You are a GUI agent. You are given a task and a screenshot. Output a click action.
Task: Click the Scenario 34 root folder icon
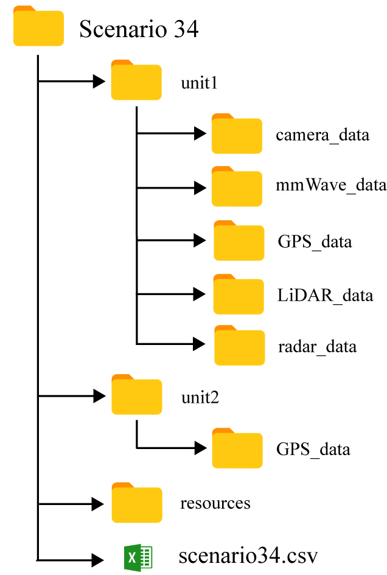(x=38, y=26)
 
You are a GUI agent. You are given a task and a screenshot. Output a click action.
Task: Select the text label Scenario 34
(x=139, y=29)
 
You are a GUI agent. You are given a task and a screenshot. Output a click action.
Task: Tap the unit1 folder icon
(x=136, y=80)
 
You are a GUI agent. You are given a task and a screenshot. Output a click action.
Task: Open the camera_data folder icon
(x=237, y=133)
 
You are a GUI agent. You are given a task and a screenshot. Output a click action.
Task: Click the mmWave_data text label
(x=331, y=185)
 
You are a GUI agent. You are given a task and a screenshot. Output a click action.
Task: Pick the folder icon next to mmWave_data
(x=237, y=186)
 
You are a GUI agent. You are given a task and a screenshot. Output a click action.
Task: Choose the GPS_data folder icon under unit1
(x=239, y=240)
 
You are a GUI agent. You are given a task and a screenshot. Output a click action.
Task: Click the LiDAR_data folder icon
(x=239, y=294)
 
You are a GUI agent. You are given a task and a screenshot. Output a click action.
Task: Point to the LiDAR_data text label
(x=325, y=296)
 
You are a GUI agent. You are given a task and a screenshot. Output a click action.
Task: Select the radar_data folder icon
(x=240, y=345)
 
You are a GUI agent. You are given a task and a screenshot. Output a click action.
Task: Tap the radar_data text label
(x=317, y=347)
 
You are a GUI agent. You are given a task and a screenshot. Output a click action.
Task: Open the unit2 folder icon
(x=137, y=394)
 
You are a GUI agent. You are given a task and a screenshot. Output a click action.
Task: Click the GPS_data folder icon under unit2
(x=237, y=448)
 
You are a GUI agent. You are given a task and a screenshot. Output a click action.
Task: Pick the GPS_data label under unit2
(x=313, y=450)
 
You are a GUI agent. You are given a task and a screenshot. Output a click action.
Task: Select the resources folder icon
(x=137, y=503)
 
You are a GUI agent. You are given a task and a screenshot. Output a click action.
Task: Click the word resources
(x=215, y=503)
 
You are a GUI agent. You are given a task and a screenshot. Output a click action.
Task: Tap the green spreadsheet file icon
(x=138, y=558)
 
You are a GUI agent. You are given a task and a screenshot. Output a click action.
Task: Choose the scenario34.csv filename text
(x=248, y=556)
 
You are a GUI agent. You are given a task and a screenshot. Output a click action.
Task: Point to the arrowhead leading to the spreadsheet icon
(x=97, y=560)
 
